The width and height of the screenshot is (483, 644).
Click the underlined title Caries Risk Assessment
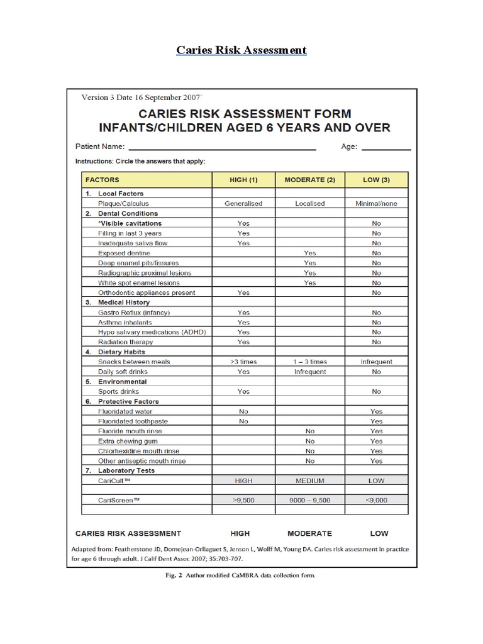click(x=241, y=50)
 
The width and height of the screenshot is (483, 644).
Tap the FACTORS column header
click(x=102, y=180)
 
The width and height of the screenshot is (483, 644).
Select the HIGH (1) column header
click(x=243, y=180)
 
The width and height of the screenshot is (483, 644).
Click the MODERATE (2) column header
click(x=310, y=180)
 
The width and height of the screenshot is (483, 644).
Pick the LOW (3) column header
click(x=376, y=180)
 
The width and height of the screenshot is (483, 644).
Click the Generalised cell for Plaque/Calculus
click(x=243, y=204)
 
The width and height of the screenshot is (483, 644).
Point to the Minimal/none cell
click(x=376, y=204)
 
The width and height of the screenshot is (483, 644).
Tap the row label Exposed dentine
click(x=124, y=253)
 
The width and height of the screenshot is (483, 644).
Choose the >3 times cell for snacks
click(x=243, y=362)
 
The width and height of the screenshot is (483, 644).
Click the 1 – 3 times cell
click(x=310, y=362)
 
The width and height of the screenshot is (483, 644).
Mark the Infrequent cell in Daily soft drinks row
click(x=310, y=372)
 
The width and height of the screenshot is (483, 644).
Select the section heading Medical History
click(x=124, y=303)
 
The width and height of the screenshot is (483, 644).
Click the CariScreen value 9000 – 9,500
click(x=310, y=500)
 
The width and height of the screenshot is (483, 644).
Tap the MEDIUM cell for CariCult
click(x=310, y=480)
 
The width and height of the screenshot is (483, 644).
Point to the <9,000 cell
click(x=376, y=500)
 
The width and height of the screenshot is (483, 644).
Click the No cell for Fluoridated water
click(x=243, y=411)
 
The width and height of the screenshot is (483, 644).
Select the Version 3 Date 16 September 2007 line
click(x=142, y=97)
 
